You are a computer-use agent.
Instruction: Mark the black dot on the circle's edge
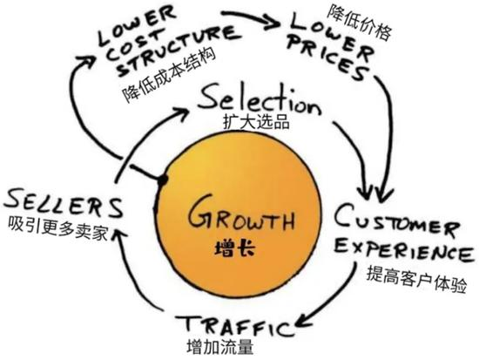tap(161, 180)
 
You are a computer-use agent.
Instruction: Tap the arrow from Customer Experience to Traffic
tap(335, 301)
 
